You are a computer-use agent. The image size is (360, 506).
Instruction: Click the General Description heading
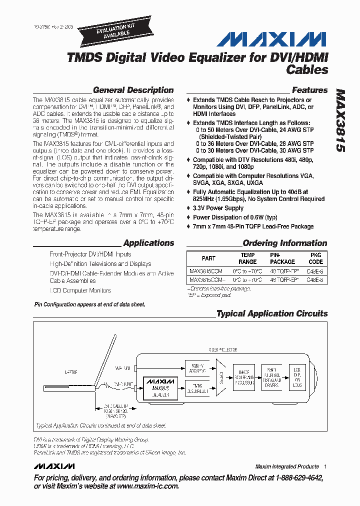coord(133,90)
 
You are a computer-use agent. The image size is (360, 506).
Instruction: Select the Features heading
coord(309,90)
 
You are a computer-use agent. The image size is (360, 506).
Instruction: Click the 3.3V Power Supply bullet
coord(218,208)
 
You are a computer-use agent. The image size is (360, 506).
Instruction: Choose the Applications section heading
coord(148,243)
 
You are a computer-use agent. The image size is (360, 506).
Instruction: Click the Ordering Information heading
coord(284,243)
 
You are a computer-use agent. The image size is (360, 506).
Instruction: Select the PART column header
coord(208,258)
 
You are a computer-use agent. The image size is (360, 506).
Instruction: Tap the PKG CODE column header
coord(315,258)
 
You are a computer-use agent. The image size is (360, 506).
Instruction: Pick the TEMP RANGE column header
coord(247,258)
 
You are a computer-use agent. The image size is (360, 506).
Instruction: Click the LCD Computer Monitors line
coord(80,290)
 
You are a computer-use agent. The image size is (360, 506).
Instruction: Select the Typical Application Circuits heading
coord(272,314)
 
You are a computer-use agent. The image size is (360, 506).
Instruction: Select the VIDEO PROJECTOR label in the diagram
coord(223,351)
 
